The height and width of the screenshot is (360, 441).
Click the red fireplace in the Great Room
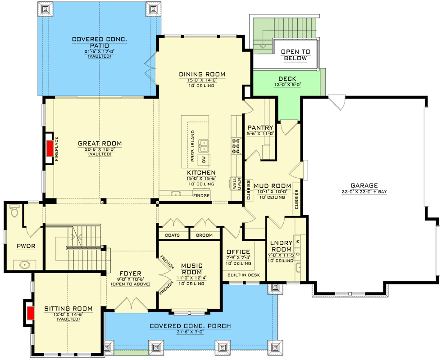pos(50,148)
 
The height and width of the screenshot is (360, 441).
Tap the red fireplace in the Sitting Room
pos(31,313)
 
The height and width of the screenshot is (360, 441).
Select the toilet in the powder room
pos(14,210)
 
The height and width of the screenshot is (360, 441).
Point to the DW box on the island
pos(204,160)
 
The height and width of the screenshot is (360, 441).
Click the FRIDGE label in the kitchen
pos(201,196)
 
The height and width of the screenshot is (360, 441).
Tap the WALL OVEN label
pos(236,184)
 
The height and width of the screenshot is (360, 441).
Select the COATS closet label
pos(172,235)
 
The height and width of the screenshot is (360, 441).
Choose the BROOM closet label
pos(204,235)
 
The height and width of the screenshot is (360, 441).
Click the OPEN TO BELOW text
pos(296,55)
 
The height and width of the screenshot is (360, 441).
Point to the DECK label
pos(287,79)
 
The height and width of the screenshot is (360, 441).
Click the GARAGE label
pos(364,185)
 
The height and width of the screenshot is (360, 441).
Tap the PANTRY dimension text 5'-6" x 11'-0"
pos(260,134)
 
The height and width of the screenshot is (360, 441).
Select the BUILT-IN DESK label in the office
pos(244,275)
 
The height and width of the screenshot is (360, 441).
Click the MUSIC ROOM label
pos(192,269)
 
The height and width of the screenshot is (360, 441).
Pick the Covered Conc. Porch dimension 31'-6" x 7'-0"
pos(191,332)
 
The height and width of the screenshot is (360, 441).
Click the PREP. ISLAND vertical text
pos(193,146)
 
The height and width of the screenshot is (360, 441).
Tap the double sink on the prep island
pos(204,145)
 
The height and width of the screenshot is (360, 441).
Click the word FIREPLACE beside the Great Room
pos(56,148)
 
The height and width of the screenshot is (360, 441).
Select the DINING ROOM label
pos(202,74)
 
